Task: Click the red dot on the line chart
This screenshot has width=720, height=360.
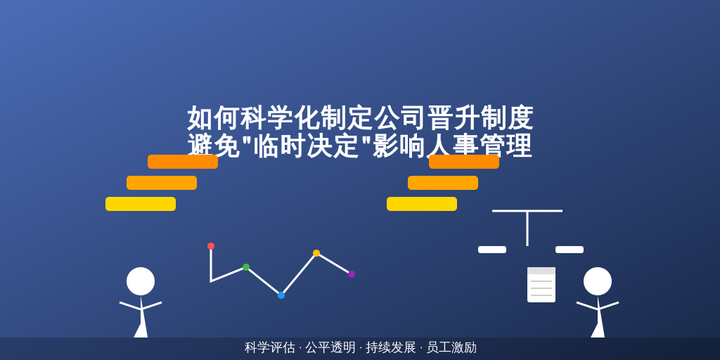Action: (211, 246)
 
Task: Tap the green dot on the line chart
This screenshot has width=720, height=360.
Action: (246, 267)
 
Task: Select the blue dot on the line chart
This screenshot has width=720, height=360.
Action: (281, 295)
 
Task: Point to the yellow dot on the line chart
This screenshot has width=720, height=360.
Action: (316, 253)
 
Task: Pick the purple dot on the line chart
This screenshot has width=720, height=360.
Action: (352, 274)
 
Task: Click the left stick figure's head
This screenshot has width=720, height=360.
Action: (141, 281)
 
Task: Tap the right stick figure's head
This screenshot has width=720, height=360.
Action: (598, 281)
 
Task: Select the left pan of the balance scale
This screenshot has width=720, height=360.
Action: (492, 250)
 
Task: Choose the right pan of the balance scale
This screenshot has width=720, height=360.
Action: (570, 250)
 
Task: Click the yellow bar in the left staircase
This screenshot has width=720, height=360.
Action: (141, 204)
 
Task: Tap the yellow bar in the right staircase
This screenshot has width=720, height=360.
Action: (422, 204)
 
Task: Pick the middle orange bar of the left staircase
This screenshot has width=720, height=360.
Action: (162, 183)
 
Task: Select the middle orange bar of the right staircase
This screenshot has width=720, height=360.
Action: (443, 183)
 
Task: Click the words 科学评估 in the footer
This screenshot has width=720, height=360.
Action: (270, 347)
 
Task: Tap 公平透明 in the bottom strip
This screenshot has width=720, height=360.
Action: (330, 347)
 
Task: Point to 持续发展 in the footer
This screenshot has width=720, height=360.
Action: (391, 347)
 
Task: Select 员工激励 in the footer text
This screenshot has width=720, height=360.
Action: (451, 347)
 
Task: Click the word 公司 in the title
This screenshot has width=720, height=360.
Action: (400, 118)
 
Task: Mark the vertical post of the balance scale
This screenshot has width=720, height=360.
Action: (527, 229)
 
